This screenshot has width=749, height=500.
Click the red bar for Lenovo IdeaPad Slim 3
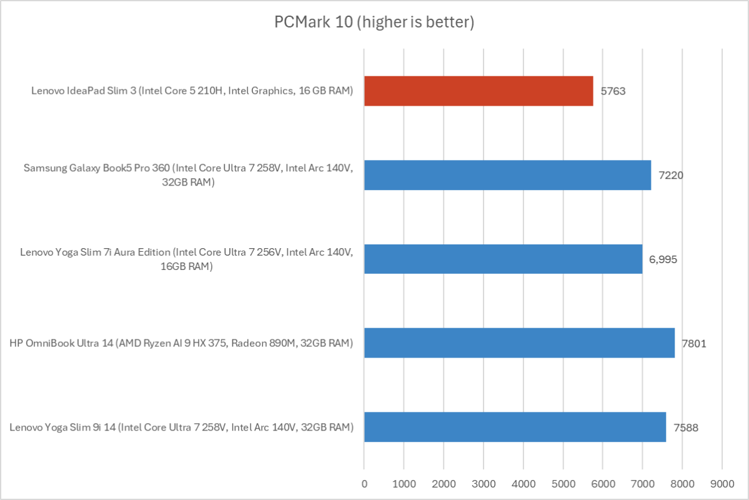pyautogui.click(x=479, y=91)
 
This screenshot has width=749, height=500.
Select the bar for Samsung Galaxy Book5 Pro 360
pyautogui.click(x=507, y=175)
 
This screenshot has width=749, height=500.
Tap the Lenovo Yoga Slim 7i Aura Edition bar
pyautogui.click(x=503, y=259)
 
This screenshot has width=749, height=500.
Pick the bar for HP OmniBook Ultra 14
pyautogui.click(x=519, y=342)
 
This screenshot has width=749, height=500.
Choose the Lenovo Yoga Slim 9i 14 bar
pyautogui.click(x=515, y=427)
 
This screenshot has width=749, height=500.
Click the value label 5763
pyautogui.click(x=613, y=91)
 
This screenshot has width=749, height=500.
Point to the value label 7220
pyautogui.click(x=670, y=175)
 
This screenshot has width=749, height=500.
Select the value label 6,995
pyautogui.click(x=662, y=259)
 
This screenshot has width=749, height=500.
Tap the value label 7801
pyautogui.click(x=694, y=342)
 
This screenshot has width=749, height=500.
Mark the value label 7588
pyautogui.click(x=686, y=427)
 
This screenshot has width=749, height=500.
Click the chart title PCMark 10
pyautogui.click(x=374, y=23)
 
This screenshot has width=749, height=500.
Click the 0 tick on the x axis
pyautogui.click(x=364, y=483)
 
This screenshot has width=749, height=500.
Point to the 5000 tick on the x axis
pyautogui.click(x=563, y=483)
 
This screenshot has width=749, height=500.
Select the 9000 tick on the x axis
pyautogui.click(x=722, y=483)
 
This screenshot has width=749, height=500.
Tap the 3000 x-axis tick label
pyautogui.click(x=484, y=483)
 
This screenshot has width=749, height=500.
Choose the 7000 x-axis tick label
pyautogui.click(x=642, y=483)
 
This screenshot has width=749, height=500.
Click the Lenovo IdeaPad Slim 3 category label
pyautogui.click(x=192, y=91)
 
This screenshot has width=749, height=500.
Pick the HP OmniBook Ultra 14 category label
pyautogui.click(x=182, y=342)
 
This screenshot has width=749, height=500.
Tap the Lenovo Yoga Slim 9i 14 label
pyautogui.click(x=182, y=427)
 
